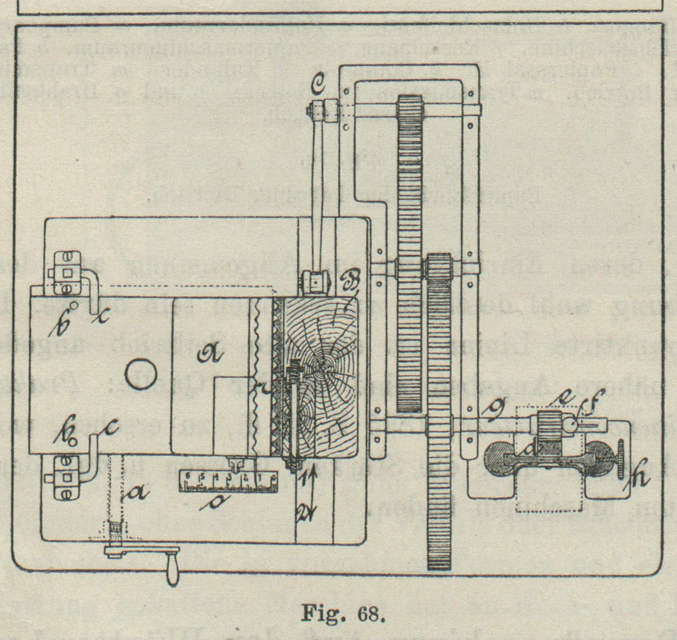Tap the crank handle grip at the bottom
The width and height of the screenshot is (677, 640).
click(x=173, y=571)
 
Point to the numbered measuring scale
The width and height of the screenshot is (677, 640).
click(x=229, y=481)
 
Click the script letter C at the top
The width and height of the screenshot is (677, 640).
click(x=317, y=85)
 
